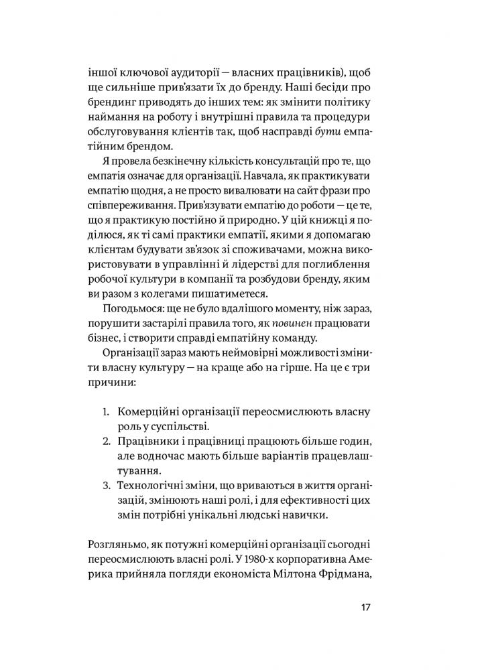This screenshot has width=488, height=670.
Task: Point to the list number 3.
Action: [107, 484]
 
